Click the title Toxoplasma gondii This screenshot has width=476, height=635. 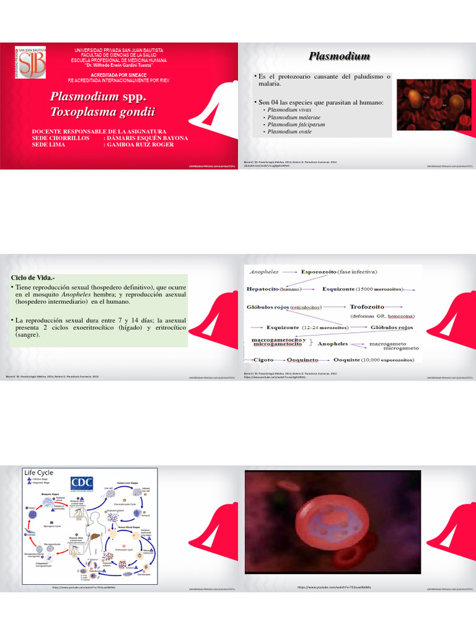point(102,112)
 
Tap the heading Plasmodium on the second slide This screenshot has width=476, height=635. point(339,56)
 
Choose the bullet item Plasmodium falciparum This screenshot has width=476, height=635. point(296,124)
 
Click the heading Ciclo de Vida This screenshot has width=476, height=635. point(35,277)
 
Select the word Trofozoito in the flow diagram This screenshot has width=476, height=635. point(367,306)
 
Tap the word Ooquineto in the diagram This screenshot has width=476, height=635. point(302,359)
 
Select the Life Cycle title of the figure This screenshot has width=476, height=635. point(38,473)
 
